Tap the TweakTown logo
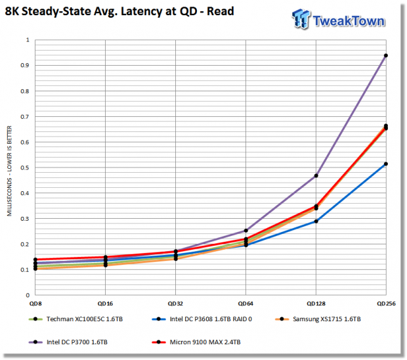(338, 19)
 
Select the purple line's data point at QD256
(386, 56)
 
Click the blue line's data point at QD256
(386, 164)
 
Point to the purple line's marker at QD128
(316, 176)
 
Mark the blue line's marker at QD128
(316, 221)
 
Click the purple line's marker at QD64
(246, 231)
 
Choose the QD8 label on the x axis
(35, 304)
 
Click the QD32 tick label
(175, 304)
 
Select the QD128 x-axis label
(316, 304)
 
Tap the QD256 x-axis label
(386, 304)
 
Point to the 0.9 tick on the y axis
(25, 65)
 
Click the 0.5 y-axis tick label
(25, 168)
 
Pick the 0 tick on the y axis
(28, 295)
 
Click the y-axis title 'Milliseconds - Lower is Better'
(9, 171)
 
